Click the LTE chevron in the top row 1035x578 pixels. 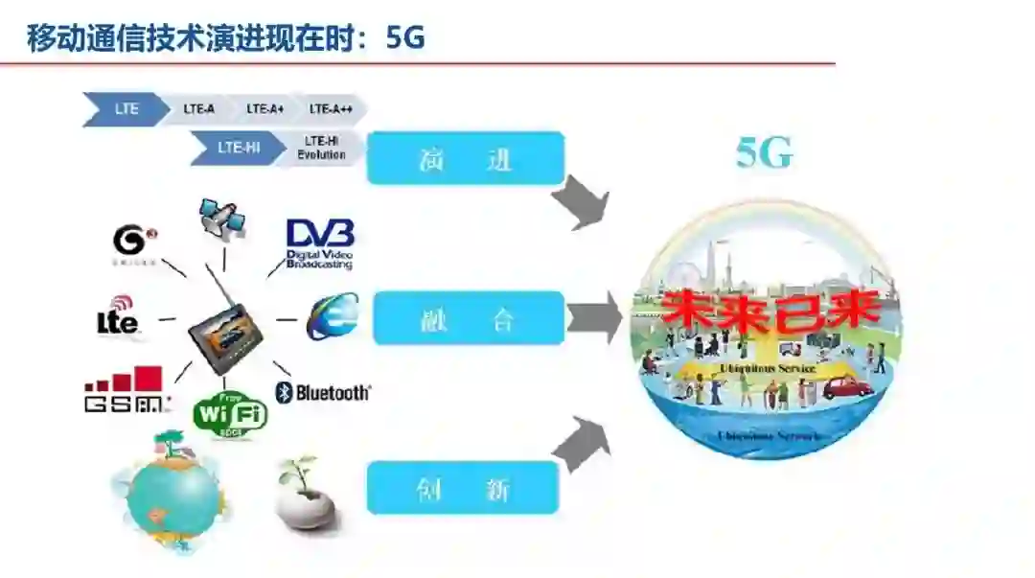[126, 109]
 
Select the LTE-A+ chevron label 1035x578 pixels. [264, 109]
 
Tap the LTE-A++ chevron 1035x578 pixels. [332, 109]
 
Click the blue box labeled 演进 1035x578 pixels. [466, 157]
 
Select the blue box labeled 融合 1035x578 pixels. [469, 318]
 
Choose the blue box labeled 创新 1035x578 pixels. [463, 487]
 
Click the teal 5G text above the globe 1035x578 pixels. [764, 153]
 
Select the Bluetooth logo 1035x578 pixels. [323, 392]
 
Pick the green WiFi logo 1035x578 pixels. [230, 414]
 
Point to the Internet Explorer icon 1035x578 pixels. [333, 316]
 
